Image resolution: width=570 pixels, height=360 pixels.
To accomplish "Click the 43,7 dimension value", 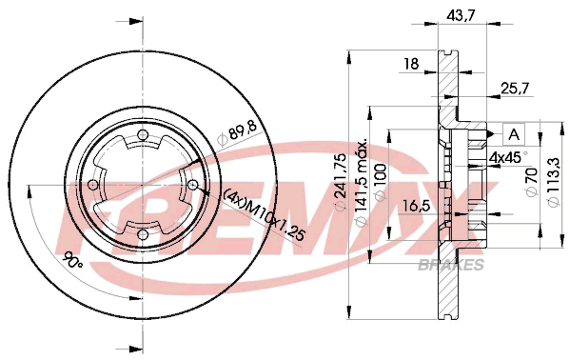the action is [462, 16].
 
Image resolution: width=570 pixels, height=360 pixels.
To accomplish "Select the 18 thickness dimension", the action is [411, 64].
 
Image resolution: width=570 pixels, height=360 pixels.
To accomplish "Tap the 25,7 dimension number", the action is [515, 88].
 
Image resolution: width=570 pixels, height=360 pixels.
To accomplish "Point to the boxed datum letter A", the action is [514, 134].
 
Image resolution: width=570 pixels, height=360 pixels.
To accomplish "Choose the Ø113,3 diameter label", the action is [554, 183].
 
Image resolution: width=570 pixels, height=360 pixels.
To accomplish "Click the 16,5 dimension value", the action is [417, 206].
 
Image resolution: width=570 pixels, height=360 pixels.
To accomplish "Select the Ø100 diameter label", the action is [380, 182].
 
